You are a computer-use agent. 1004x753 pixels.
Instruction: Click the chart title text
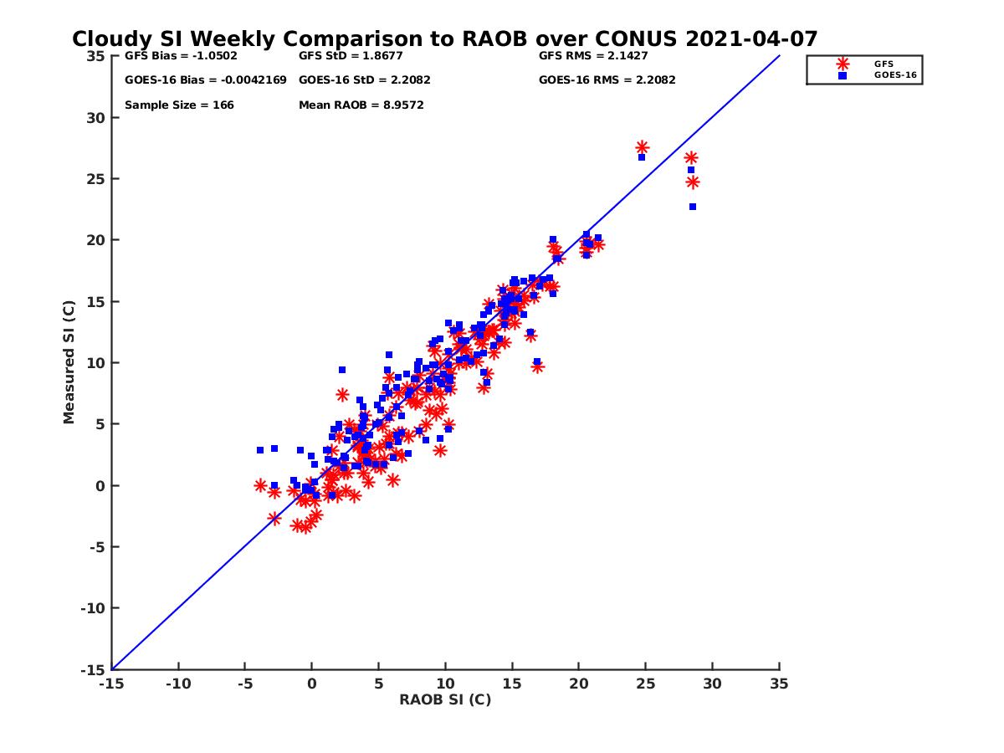[x=444, y=39]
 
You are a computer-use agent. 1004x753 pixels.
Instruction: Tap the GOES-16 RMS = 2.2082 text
[x=607, y=80]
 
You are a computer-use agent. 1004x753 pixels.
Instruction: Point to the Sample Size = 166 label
[x=179, y=105]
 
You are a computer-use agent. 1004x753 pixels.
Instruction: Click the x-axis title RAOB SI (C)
[x=444, y=699]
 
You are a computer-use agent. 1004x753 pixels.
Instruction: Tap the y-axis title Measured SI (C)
[x=69, y=364]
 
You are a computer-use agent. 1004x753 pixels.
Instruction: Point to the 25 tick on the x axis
[x=645, y=684]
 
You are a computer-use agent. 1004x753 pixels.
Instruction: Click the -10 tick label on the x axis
[x=177, y=684]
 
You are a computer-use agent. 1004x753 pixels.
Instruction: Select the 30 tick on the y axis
[x=95, y=118]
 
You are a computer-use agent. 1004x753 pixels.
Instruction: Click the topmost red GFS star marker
[x=642, y=147]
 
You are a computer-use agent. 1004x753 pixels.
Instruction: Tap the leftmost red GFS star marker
[x=260, y=485]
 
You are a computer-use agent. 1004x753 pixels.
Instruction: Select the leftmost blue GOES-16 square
[x=260, y=450]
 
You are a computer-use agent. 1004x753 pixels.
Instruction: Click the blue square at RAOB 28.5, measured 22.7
[x=693, y=207]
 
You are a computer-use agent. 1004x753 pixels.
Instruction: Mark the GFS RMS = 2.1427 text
[x=592, y=56]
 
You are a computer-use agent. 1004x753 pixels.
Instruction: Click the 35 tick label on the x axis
[x=779, y=684]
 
